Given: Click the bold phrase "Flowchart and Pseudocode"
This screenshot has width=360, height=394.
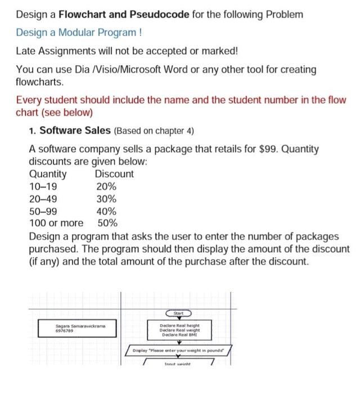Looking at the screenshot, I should click(125, 14).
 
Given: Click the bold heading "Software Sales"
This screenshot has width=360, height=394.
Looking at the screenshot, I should click(75, 131).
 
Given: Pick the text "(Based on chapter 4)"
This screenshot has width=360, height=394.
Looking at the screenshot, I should click(154, 132).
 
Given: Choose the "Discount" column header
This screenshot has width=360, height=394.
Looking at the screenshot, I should click(114, 174).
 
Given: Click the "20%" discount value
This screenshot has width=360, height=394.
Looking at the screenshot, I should click(106, 186).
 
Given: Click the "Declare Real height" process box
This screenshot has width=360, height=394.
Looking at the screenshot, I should click(179, 329).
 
